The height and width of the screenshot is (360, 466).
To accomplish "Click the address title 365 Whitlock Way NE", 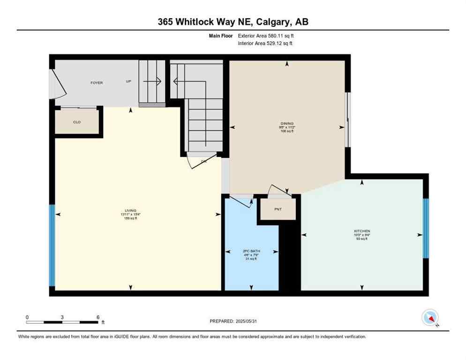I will point(233,22).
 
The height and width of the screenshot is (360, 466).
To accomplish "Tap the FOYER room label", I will point(97,83).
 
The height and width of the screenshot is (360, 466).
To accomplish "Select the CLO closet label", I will point(77,122).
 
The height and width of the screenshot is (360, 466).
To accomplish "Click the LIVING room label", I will point(131,210).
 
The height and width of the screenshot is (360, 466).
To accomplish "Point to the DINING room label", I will point(286,124).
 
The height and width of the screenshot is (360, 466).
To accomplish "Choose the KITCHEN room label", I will point(362,231).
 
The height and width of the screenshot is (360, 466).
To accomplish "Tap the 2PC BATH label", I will point(251,251).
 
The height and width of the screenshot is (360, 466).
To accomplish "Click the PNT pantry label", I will point(278,209).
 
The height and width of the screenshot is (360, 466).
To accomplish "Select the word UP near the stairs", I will point(128,82).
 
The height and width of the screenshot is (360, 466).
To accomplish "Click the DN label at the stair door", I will point(204,161).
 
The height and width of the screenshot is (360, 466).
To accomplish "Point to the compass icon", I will point(430,318).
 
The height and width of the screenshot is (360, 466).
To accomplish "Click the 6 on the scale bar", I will point(98,317).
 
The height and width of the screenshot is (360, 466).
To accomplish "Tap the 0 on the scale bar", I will point(27,317).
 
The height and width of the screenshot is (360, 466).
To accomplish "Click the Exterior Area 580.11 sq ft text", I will point(266,36).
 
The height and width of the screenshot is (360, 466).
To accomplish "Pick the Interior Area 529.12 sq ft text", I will point(266,44).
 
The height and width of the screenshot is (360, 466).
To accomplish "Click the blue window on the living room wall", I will point(52,246).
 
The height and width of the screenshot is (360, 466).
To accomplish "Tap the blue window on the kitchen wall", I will point(426,228).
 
